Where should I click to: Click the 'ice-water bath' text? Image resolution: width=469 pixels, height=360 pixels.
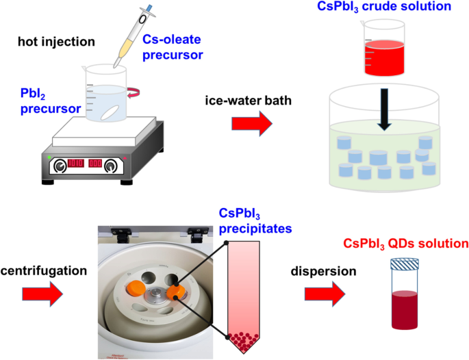(242, 102)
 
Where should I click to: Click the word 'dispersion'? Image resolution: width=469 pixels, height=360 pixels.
(329, 271)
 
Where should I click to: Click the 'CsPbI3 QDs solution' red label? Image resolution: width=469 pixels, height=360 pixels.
(405, 244)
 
